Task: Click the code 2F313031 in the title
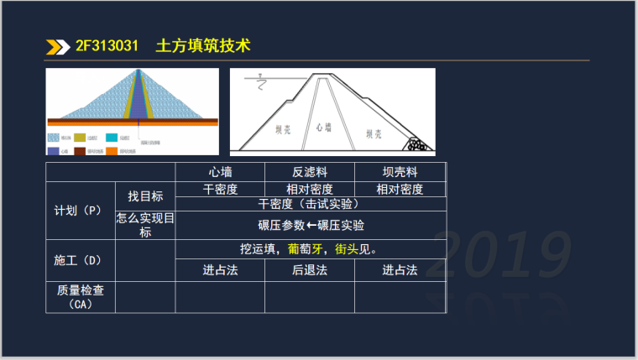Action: [107, 46]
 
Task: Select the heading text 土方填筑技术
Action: [203, 46]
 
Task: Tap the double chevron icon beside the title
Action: [58, 46]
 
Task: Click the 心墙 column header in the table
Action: [220, 172]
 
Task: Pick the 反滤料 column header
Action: [309, 172]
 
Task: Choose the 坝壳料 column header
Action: [400, 172]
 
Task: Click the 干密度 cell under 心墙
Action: [220, 189]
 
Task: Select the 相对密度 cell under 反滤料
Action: [309, 189]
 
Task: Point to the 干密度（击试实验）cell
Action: [309, 204]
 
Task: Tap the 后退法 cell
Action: [309, 270]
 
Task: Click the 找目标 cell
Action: [145, 196]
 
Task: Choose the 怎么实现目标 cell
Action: [145, 225]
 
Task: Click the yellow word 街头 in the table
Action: [347, 249]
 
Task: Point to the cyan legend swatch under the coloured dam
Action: [111, 136]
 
